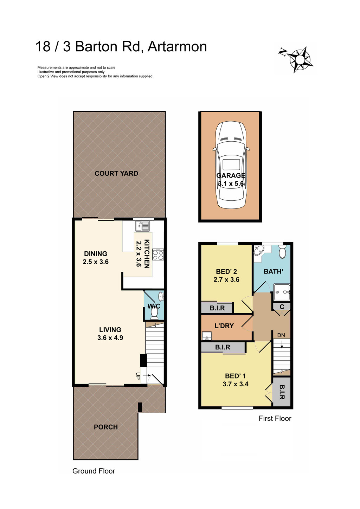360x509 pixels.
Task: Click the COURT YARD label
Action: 116,173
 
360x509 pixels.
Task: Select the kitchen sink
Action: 142,226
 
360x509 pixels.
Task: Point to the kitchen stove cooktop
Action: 158,255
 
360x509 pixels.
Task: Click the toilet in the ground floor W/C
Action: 154,314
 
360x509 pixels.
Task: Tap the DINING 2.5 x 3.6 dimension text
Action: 96,262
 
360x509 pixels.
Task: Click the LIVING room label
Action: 110,330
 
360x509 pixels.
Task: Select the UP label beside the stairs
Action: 138,376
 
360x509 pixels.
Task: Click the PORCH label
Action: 106,427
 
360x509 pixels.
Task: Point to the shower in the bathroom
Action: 282,292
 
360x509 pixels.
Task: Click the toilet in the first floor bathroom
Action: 282,252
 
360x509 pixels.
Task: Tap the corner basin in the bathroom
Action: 259,250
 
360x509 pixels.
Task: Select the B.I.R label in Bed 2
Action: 217,308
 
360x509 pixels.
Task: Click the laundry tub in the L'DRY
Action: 207,336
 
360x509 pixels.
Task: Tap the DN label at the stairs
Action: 281,335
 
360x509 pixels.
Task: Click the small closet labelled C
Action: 282,307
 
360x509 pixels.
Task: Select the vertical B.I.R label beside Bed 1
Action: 282,392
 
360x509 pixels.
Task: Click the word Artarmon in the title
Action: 177,47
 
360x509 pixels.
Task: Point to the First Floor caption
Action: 275,418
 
